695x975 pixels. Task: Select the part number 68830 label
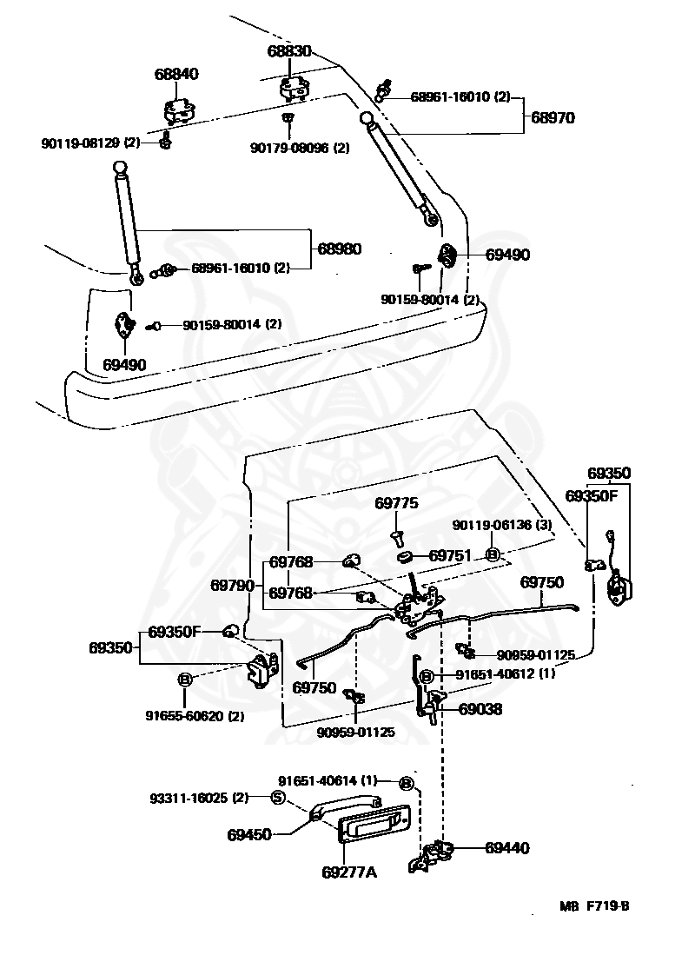click(x=288, y=52)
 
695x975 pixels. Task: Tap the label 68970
click(x=553, y=116)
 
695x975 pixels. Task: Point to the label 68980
click(x=339, y=249)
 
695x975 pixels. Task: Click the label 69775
click(x=397, y=503)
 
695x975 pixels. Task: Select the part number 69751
click(x=450, y=556)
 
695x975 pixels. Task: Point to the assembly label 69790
click(x=232, y=586)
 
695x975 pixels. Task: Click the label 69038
click(x=480, y=709)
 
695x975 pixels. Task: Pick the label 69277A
click(x=348, y=872)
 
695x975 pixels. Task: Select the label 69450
click(x=249, y=834)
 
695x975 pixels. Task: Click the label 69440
click(x=506, y=847)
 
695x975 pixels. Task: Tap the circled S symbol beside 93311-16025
click(x=278, y=799)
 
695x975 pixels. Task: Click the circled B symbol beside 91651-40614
click(x=407, y=783)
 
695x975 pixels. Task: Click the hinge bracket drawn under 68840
click(x=180, y=112)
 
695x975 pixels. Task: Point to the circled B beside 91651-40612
click(x=427, y=676)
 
